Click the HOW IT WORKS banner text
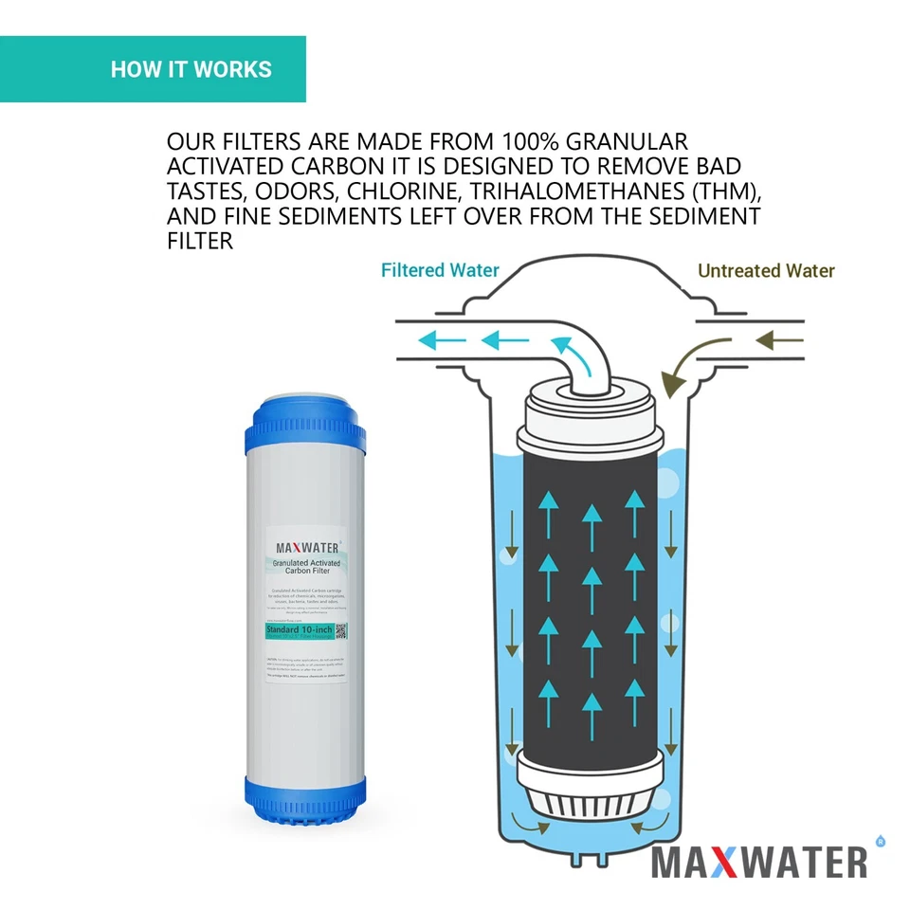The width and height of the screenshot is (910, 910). (191, 69)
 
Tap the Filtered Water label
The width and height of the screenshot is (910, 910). (440, 270)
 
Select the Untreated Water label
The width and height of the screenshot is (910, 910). (766, 270)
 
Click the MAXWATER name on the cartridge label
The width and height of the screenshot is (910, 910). (307, 547)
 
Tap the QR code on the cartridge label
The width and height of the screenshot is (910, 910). (342, 630)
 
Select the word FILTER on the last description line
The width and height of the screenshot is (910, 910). (199, 241)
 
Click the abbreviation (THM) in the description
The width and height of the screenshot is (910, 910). (725, 191)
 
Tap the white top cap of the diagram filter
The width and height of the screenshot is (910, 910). (590, 417)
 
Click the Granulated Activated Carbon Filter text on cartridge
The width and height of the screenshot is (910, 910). (307, 568)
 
